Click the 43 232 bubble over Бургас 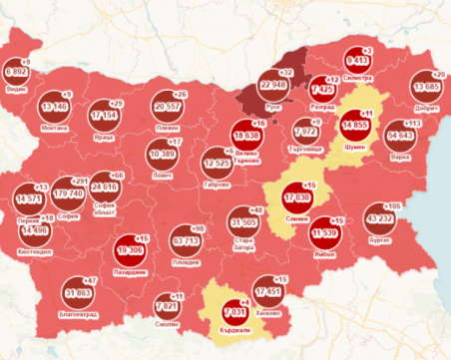[x=380, y=217]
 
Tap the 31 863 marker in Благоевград [x=77, y=293]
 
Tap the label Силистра [x=358, y=74]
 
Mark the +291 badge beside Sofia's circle [x=81, y=180]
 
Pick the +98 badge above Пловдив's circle [x=198, y=228]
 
